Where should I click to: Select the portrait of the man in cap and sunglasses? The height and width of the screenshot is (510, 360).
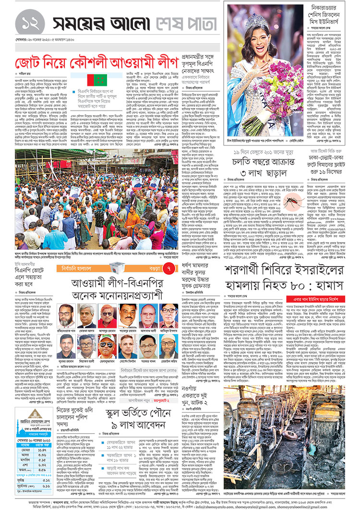107,345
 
